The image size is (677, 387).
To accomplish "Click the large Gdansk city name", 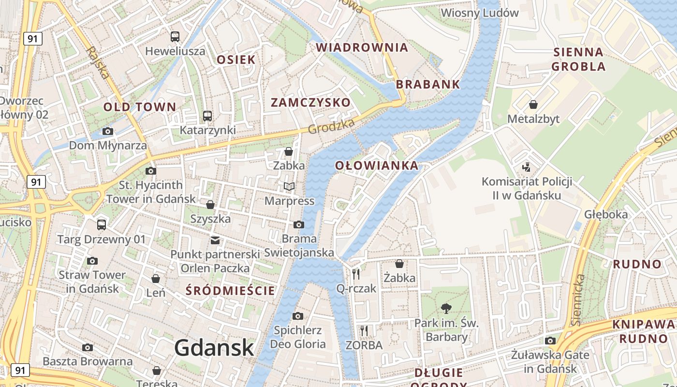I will tap(214, 347).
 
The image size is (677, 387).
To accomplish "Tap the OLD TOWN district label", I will tap(140, 107).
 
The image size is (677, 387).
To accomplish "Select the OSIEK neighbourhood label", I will tap(236, 60).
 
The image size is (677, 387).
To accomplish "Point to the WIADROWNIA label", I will tap(362, 47).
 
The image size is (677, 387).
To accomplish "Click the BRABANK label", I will tap(428, 84).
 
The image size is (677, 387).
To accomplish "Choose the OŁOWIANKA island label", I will tap(377, 165).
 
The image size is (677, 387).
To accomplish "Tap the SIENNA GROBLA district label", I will tap(578, 59).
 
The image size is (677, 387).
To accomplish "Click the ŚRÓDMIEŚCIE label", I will tap(231, 290).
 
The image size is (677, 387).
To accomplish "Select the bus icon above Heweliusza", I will tap(175, 36).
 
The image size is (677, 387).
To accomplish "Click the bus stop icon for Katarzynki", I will tap(207, 116).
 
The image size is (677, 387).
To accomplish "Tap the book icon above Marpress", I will tap(289, 187).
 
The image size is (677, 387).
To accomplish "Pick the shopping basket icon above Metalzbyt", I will tap(533, 104).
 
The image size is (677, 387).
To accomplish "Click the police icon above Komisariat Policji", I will tap(527, 167).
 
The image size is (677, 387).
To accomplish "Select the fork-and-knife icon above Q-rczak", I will tap(356, 274).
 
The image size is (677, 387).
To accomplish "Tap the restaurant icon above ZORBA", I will tap(364, 331).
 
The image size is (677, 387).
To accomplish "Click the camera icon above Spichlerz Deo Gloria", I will tap(298, 316).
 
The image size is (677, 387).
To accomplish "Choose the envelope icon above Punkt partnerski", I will tap(215, 240).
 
